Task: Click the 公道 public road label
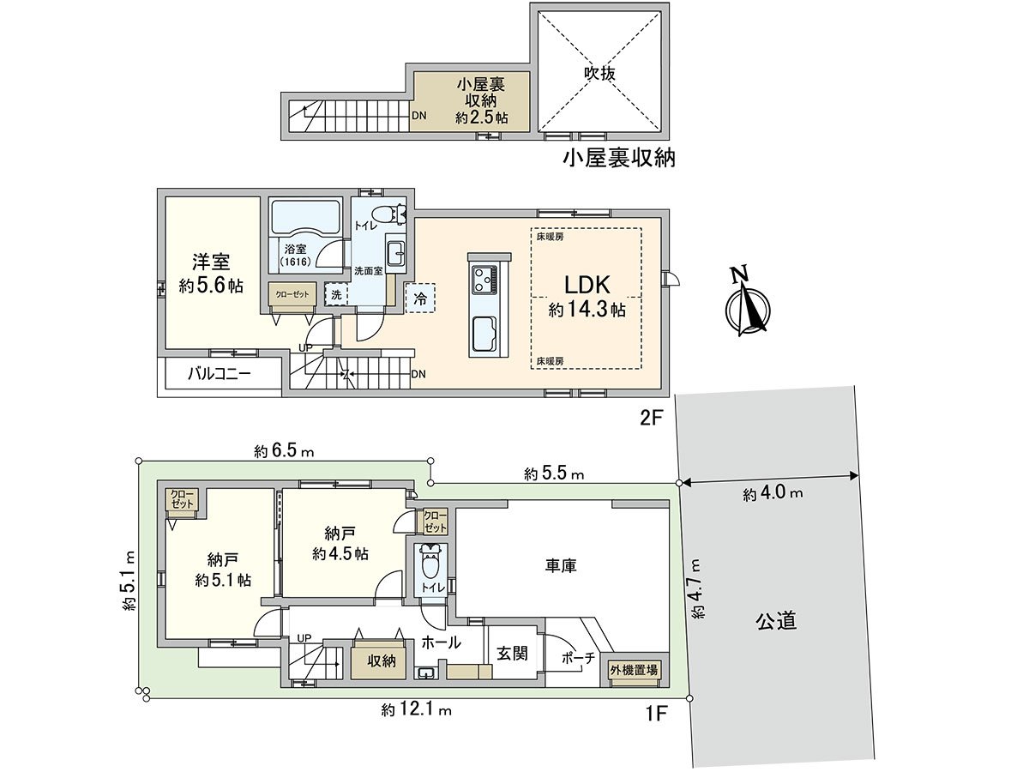pyautogui.click(x=777, y=621)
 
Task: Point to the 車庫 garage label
pyautogui.click(x=561, y=566)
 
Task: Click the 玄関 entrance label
pyautogui.click(x=512, y=653)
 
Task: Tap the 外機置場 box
pyautogui.click(x=635, y=670)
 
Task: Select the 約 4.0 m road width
pyautogui.click(x=773, y=493)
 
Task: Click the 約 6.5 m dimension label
pyautogui.click(x=285, y=451)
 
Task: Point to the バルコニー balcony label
pyautogui.click(x=220, y=375)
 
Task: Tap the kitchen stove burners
pyautogui.click(x=483, y=279)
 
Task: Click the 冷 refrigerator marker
pyautogui.click(x=420, y=299)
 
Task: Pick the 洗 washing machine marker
pyautogui.click(x=335, y=293)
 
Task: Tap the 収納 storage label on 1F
pyautogui.click(x=382, y=660)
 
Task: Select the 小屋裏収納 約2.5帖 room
pyautogui.click(x=469, y=101)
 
